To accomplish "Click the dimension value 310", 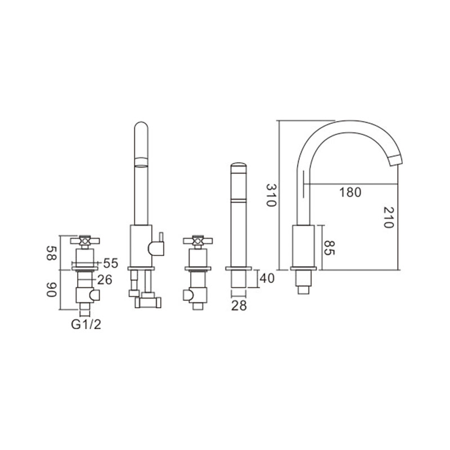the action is [x=271, y=195].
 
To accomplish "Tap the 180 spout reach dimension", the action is [x=350, y=192].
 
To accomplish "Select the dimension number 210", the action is [x=388, y=217].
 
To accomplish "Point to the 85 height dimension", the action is [x=329, y=247].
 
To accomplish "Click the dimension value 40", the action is [x=267, y=278].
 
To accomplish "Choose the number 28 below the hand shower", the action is [x=238, y=306].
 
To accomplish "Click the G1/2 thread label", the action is [x=86, y=325].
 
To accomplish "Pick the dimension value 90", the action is [x=52, y=290].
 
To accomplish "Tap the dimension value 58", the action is [x=52, y=253].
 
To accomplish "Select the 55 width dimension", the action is [x=110, y=263].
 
